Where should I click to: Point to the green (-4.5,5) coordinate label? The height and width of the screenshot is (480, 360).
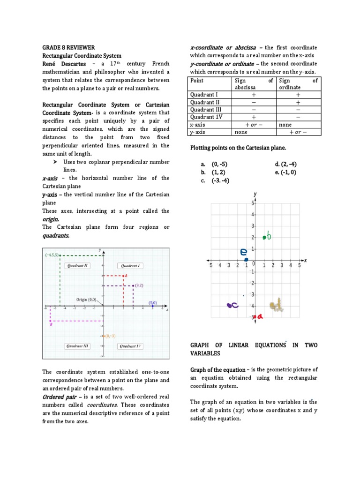pos(52,255)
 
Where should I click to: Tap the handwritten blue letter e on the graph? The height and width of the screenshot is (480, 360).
pos(244,252)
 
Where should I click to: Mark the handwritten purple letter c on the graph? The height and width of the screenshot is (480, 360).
pos(233,305)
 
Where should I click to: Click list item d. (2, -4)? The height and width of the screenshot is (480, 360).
pos(286,164)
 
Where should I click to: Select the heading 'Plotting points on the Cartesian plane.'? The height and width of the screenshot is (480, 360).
pos(238,148)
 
